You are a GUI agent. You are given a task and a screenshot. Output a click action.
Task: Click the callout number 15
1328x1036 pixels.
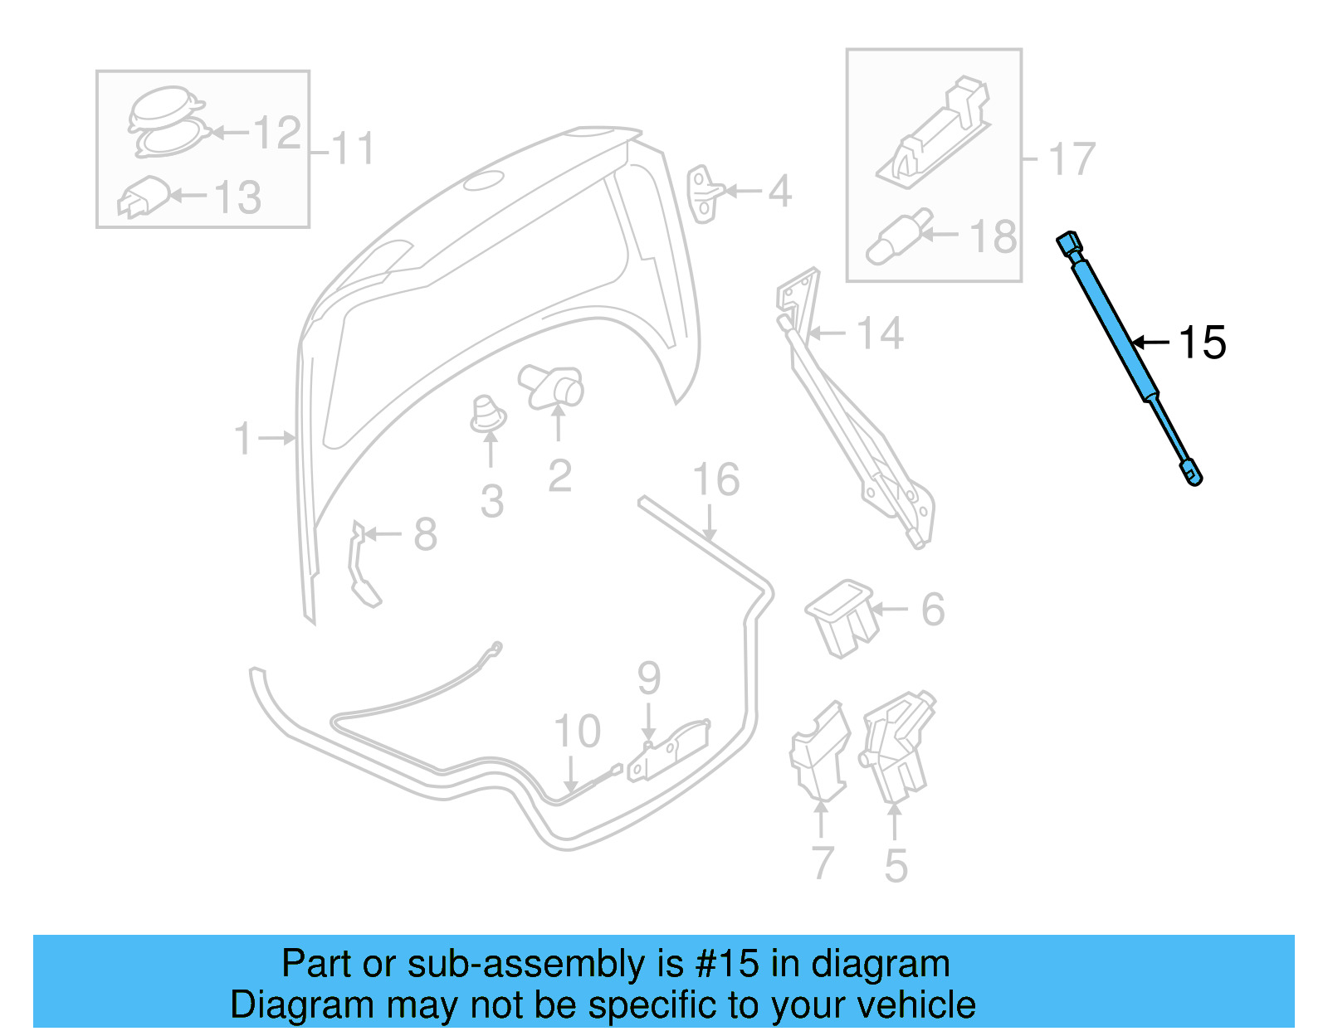tap(1202, 343)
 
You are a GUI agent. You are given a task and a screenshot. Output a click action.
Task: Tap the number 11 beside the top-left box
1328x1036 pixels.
tap(353, 149)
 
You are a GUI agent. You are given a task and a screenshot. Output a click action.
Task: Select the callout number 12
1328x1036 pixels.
tap(276, 133)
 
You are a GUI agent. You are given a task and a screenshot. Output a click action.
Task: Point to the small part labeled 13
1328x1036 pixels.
tap(144, 196)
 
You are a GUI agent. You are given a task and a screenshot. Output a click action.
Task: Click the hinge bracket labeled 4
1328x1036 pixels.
tap(704, 193)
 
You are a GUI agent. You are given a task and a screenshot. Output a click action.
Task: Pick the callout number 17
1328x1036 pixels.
tap(1072, 158)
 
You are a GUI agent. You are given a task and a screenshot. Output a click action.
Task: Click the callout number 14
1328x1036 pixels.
tap(880, 333)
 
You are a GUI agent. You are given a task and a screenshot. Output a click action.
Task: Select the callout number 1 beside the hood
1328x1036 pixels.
tap(242, 438)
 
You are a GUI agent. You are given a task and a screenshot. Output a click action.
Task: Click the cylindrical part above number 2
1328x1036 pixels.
tap(553, 386)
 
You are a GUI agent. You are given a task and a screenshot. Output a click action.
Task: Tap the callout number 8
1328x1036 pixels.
tap(425, 534)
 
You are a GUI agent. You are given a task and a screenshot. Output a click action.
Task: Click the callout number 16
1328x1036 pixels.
tap(715, 479)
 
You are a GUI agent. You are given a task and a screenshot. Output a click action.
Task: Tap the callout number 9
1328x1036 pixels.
tap(649, 679)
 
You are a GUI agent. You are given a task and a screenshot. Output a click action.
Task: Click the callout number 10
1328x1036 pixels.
tap(577, 731)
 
